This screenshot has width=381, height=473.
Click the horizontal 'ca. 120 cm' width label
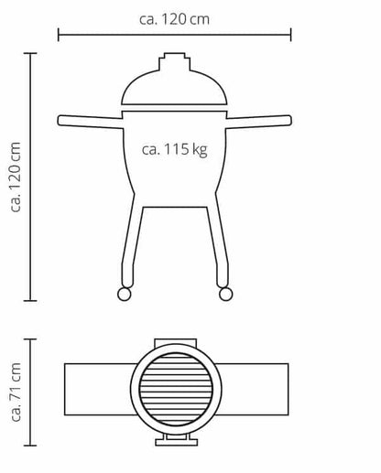(x=174, y=19)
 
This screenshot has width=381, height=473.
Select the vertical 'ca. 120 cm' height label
(x=16, y=177)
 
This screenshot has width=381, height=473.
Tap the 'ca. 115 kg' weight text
(x=175, y=150)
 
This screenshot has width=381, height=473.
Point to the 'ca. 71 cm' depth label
(x=16, y=392)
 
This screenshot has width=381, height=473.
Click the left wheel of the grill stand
(x=125, y=295)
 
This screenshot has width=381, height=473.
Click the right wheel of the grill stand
(x=226, y=295)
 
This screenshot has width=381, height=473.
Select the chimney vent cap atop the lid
(x=175, y=62)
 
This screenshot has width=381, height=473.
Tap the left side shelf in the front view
(x=91, y=121)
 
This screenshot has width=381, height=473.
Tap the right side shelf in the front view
(x=259, y=121)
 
